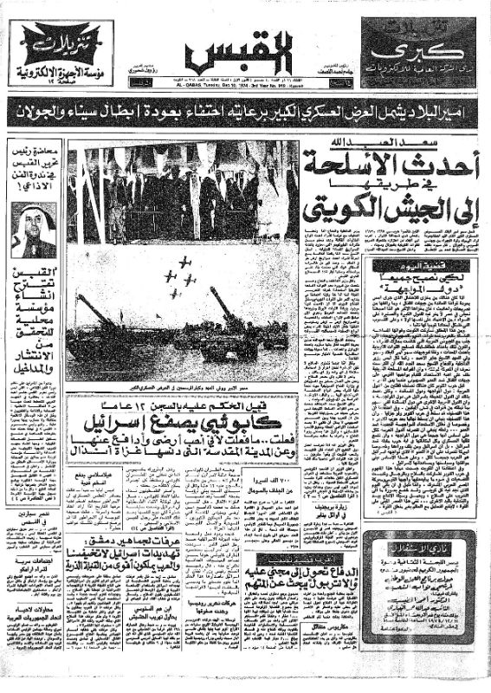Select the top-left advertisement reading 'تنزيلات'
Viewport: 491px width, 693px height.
(59, 55)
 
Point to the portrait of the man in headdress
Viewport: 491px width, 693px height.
(35, 229)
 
